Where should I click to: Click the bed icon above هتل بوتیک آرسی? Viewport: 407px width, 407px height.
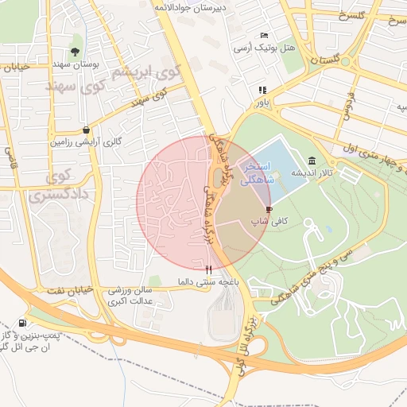coord(265,36)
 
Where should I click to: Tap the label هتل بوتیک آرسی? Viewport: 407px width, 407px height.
coord(264,48)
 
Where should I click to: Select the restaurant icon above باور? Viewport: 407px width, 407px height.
coord(262,90)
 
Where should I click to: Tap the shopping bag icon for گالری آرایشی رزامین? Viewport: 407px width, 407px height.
coord(86,130)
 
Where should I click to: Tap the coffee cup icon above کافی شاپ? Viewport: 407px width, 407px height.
coord(269,210)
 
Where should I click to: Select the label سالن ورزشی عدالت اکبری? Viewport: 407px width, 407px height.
coord(135,297)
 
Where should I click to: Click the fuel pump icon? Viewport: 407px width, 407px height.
coord(21,324)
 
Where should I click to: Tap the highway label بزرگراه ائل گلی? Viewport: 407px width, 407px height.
coord(247,334)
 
